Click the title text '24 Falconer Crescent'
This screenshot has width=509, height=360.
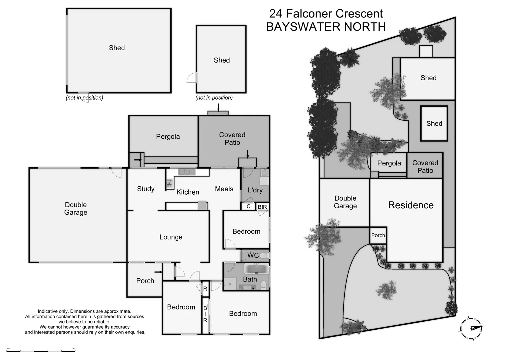[326, 14]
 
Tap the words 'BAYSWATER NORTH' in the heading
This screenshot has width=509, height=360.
[326, 27]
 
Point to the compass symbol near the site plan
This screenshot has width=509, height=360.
[472, 328]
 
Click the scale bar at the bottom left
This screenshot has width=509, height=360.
[41, 350]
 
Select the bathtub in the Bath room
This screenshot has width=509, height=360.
[256, 269]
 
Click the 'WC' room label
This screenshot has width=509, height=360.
[253, 255]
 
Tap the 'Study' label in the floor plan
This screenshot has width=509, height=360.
[146, 189]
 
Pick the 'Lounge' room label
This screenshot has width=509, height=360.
[171, 237]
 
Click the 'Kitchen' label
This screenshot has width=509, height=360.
[188, 192]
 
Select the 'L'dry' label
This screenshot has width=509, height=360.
[255, 190]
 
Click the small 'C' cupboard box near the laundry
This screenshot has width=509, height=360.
[248, 206]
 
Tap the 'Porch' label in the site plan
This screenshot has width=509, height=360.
[378, 235]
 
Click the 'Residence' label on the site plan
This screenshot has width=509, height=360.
[411, 205]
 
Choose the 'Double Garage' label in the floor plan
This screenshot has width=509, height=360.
[76, 209]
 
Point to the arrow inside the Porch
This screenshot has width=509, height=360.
[159, 272]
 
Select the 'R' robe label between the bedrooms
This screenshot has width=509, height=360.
[205, 289]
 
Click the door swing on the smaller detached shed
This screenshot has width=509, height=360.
[192, 78]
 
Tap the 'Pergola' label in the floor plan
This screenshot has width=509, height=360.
[168, 137]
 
